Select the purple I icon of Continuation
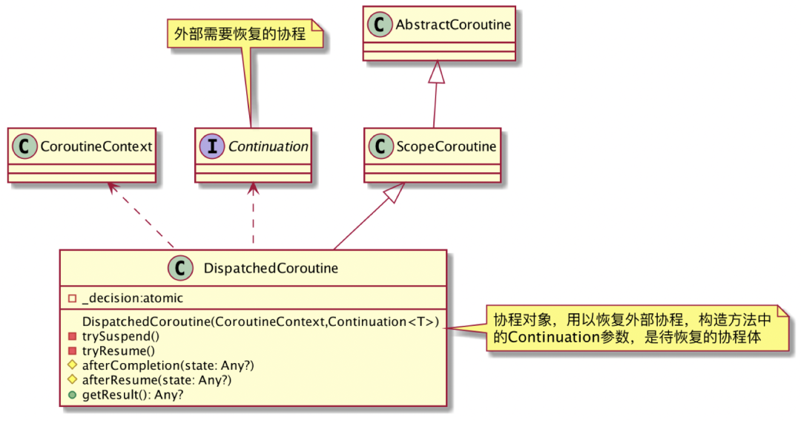[212, 146]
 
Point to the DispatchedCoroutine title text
[271, 268]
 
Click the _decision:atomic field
[133, 298]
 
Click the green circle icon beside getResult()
[72, 395]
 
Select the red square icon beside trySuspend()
[72, 336]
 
